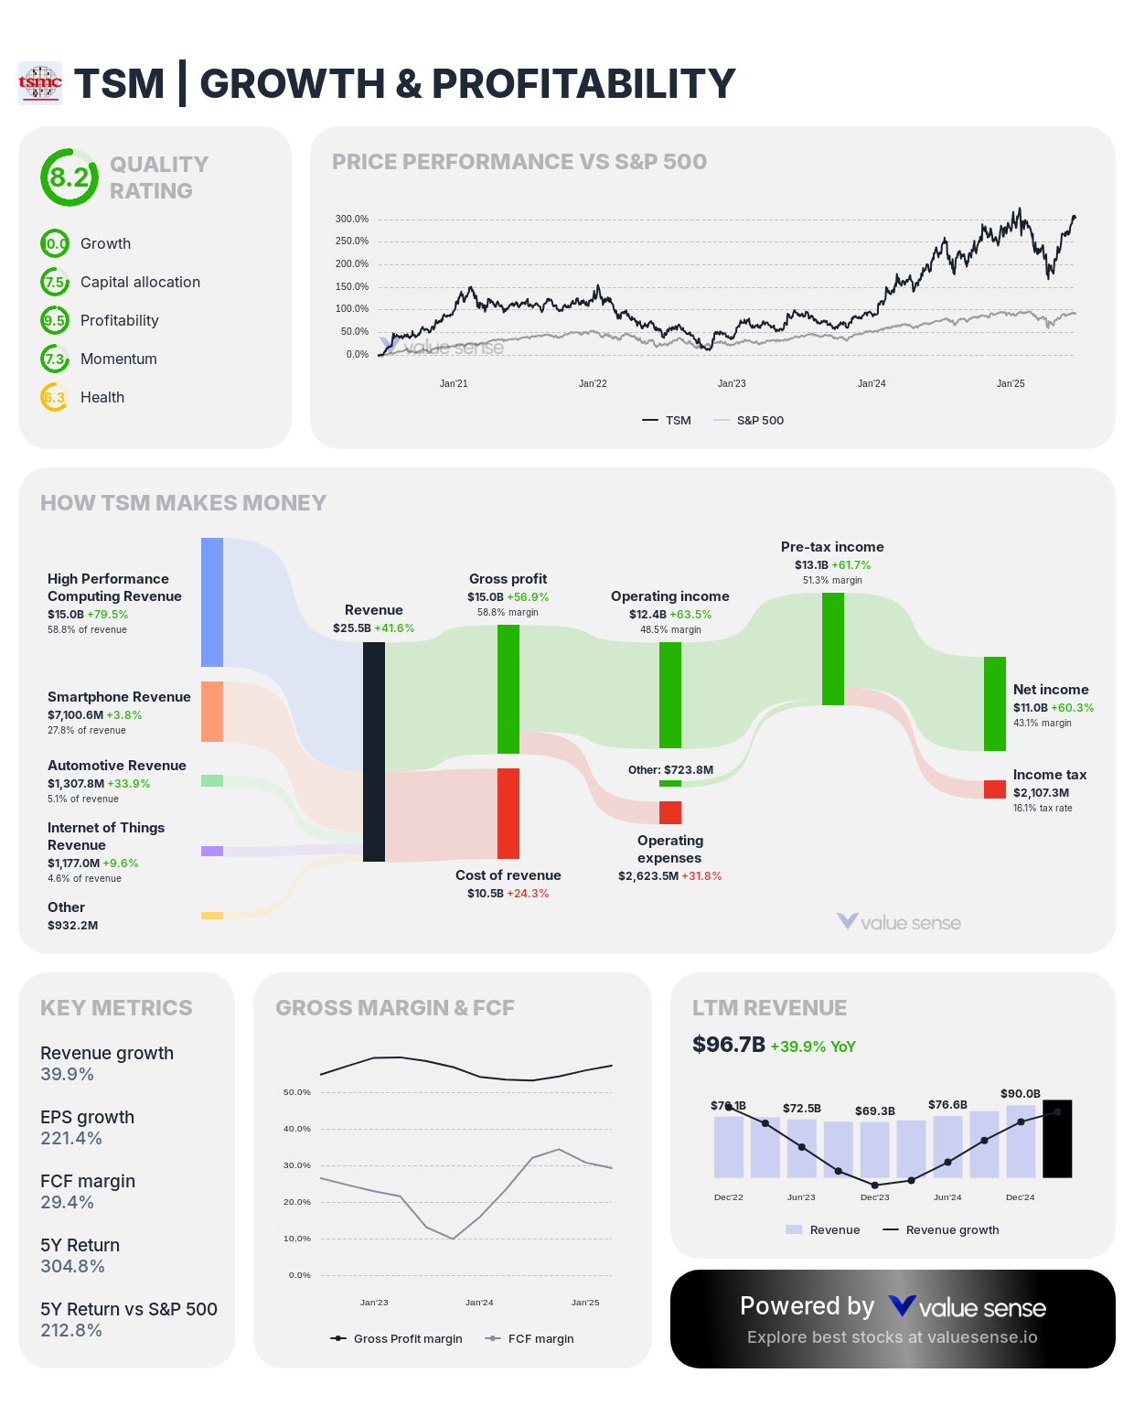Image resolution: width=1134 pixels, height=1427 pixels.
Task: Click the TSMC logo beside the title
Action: (40, 83)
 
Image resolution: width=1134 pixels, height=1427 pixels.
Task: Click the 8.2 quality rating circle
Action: (69, 177)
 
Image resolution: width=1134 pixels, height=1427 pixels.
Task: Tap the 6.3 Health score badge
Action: (55, 397)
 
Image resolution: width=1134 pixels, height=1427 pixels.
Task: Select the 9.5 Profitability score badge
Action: (55, 320)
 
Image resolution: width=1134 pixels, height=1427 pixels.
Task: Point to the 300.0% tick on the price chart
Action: (351, 220)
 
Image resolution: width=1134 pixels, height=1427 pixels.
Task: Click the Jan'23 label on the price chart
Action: (732, 383)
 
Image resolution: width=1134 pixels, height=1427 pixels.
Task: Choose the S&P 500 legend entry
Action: (749, 421)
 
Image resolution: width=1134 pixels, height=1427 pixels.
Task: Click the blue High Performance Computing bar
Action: (212, 602)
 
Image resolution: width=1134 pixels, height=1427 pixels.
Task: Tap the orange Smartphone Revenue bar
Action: (212, 711)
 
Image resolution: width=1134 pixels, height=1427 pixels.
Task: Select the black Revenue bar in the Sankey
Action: (374, 751)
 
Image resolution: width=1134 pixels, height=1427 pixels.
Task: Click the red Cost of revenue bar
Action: (508, 813)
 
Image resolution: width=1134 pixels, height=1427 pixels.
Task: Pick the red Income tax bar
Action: (995, 789)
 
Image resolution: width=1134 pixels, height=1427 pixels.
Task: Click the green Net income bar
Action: (995, 703)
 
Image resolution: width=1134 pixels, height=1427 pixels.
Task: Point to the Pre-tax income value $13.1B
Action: (811, 565)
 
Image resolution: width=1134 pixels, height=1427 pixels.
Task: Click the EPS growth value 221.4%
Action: (71, 1139)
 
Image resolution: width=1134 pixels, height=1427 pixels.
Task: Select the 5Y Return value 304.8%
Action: (72, 1267)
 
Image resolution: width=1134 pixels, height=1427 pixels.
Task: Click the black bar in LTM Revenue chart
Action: (1057, 1139)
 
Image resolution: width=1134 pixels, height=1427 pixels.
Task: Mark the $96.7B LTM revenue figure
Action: (729, 1045)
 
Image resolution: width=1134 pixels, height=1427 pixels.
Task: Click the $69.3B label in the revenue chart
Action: (874, 1111)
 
